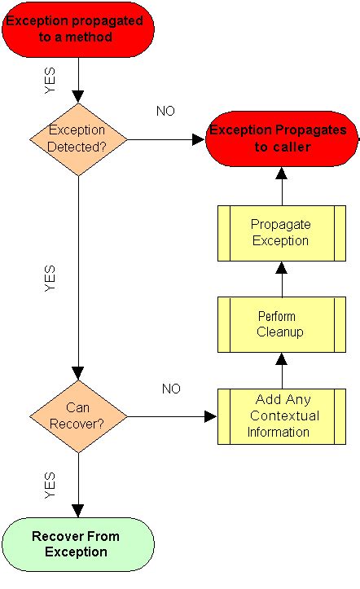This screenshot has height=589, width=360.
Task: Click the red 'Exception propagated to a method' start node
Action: click(77, 29)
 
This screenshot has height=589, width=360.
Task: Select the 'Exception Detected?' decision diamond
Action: click(78, 138)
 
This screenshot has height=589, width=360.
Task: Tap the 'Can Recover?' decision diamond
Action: click(78, 416)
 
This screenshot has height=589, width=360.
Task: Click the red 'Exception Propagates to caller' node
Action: click(281, 138)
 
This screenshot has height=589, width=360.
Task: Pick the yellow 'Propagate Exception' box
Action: click(281, 232)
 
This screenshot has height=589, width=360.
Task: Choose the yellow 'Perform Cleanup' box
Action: click(281, 323)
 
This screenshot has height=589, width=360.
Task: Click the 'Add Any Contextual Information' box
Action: click(281, 415)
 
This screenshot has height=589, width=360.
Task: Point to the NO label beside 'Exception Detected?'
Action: click(165, 112)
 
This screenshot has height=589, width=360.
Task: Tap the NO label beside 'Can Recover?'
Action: click(170, 389)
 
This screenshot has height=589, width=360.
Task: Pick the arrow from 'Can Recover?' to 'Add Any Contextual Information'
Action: click(172, 416)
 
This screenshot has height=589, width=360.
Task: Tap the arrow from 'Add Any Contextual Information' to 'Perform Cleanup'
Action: click(282, 369)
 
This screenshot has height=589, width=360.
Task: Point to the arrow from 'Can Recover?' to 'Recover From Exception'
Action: click(78, 485)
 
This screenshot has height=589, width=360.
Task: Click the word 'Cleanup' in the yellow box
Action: click(280, 332)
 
